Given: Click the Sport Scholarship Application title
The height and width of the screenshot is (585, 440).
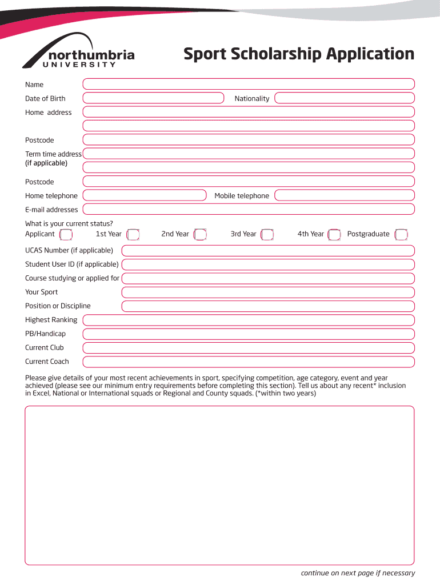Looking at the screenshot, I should (x=298, y=54).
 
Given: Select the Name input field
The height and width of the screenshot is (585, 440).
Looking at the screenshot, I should (x=249, y=85).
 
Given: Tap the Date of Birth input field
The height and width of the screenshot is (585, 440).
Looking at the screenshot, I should (x=153, y=98).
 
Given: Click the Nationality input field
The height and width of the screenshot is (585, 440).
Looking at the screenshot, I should (x=345, y=98).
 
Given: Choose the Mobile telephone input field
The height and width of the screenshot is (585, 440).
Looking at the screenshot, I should (x=345, y=195).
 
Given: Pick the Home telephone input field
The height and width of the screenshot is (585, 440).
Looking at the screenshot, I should (x=145, y=195).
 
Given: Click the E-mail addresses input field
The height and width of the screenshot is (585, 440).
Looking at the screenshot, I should (x=249, y=210).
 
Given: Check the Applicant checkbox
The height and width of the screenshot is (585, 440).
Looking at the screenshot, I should (x=66, y=234).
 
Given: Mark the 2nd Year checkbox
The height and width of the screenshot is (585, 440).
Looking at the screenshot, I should (x=200, y=234).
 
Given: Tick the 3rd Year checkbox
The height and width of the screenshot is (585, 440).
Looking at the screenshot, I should (x=267, y=234).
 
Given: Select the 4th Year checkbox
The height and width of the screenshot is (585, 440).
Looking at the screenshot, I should (x=335, y=234).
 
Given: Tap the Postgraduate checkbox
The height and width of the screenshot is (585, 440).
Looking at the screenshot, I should (x=401, y=234).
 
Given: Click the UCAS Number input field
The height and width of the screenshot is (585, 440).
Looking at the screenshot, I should (x=268, y=251).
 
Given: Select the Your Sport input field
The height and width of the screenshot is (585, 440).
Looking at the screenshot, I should (x=268, y=292).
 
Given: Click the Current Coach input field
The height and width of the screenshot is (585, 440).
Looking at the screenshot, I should (x=249, y=362).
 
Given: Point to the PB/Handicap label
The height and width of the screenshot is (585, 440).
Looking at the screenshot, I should (x=45, y=334).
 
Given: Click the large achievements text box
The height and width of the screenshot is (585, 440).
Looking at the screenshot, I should (x=219, y=486).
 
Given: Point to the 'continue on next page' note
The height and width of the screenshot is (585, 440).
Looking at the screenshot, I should (x=358, y=574).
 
